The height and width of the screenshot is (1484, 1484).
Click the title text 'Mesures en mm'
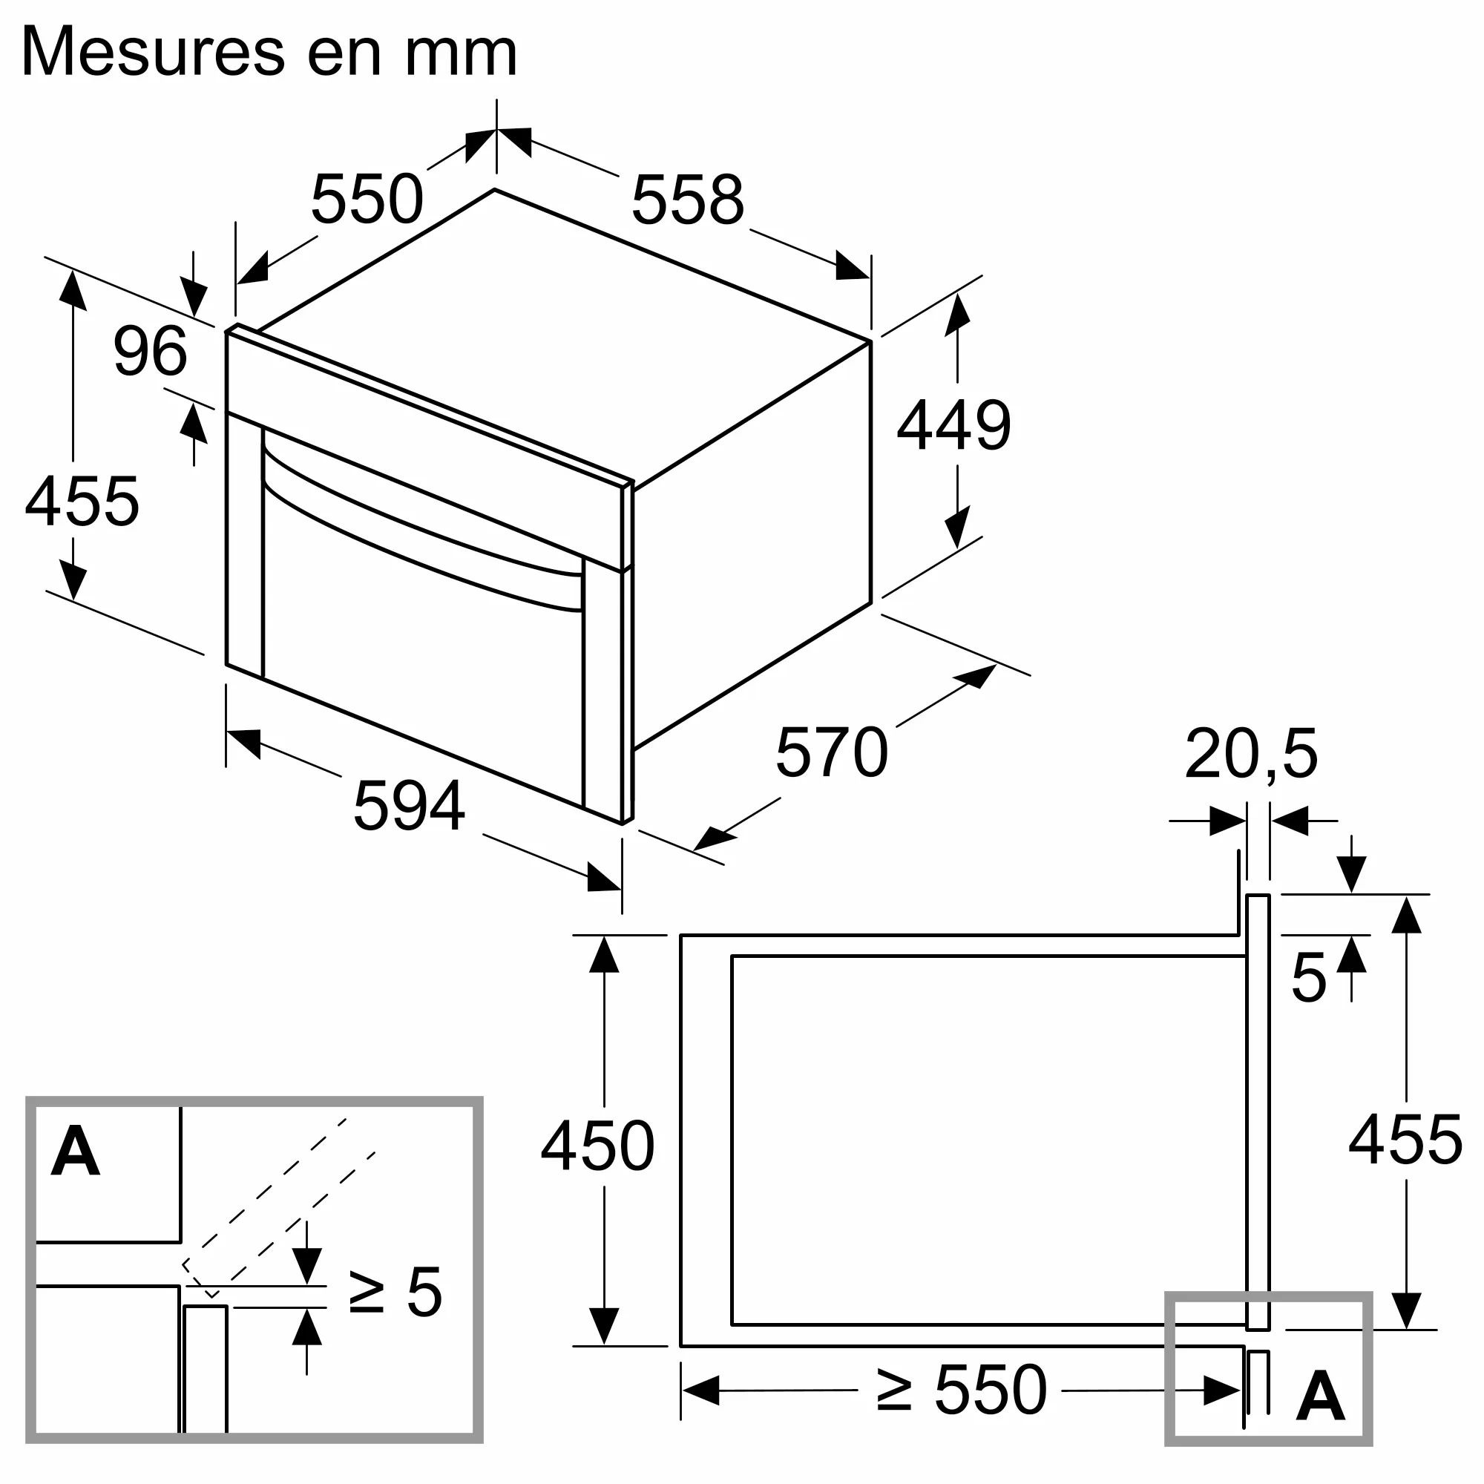tap(269, 52)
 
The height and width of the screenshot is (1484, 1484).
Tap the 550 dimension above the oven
tap(367, 199)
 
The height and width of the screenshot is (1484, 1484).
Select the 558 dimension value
tap(688, 200)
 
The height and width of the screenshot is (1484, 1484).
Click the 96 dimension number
tap(150, 351)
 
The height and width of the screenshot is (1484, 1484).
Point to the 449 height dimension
tap(953, 424)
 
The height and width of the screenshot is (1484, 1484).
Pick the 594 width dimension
tap(409, 806)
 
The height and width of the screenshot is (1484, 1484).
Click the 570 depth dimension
tap(832, 752)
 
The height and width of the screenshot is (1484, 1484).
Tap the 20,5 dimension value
tap(1250, 755)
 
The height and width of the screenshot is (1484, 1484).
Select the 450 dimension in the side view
tap(597, 1147)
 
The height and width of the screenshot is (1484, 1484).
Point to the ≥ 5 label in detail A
tap(395, 1293)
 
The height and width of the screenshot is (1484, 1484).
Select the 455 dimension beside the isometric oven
tap(82, 502)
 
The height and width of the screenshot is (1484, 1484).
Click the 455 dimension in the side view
tap(1405, 1140)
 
